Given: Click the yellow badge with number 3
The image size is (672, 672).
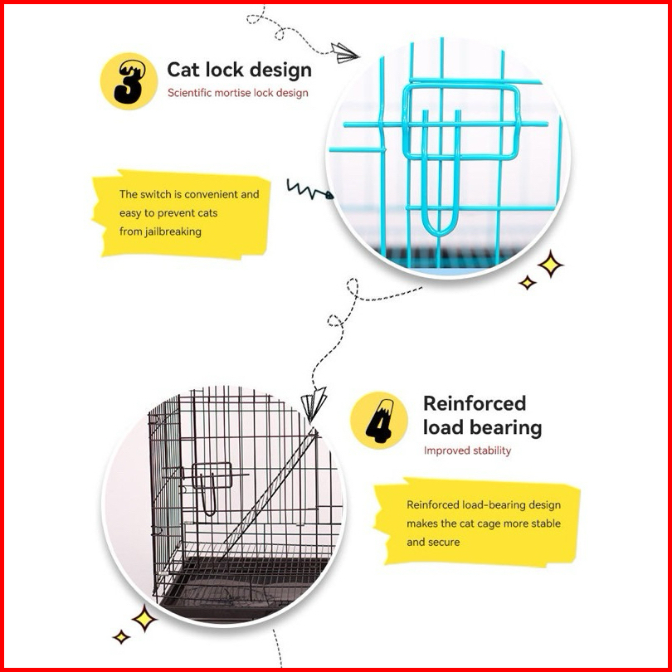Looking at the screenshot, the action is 129,80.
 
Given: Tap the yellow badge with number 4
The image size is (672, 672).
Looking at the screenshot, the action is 378,420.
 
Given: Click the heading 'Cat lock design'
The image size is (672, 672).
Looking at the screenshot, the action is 239,70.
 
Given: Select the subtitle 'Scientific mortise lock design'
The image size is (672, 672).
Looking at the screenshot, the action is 237,93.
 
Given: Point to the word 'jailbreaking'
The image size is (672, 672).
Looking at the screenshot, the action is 171,231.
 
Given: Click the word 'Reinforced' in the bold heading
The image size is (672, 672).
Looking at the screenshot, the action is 475,404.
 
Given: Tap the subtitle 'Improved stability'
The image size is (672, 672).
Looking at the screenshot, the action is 467,450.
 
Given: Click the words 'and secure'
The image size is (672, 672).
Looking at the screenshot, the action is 433,542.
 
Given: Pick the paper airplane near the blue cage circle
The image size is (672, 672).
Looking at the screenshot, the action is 344,52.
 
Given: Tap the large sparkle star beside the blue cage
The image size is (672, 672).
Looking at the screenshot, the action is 549,265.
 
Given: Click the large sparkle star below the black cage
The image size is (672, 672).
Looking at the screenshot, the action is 144,617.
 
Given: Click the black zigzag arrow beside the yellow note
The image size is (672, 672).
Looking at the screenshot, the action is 309,192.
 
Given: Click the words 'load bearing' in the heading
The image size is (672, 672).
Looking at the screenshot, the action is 482,428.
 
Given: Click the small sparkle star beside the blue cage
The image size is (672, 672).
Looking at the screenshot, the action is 527,283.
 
